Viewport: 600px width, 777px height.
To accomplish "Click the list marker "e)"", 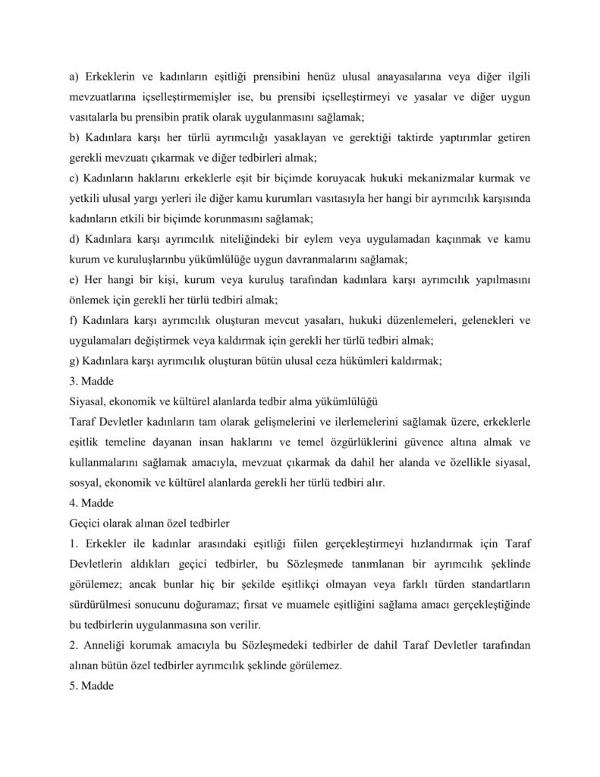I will click(x=72, y=278).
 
